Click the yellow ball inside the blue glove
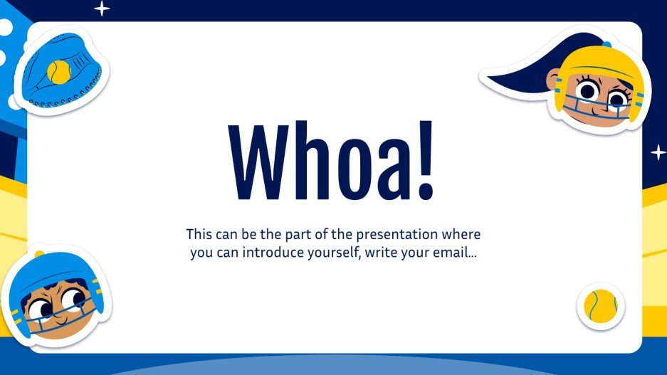pyautogui.click(x=59, y=71)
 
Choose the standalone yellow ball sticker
pyautogui.click(x=600, y=306)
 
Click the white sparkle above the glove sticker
pyautogui.click(x=103, y=9)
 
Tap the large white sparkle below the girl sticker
pyautogui.click(x=658, y=152)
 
